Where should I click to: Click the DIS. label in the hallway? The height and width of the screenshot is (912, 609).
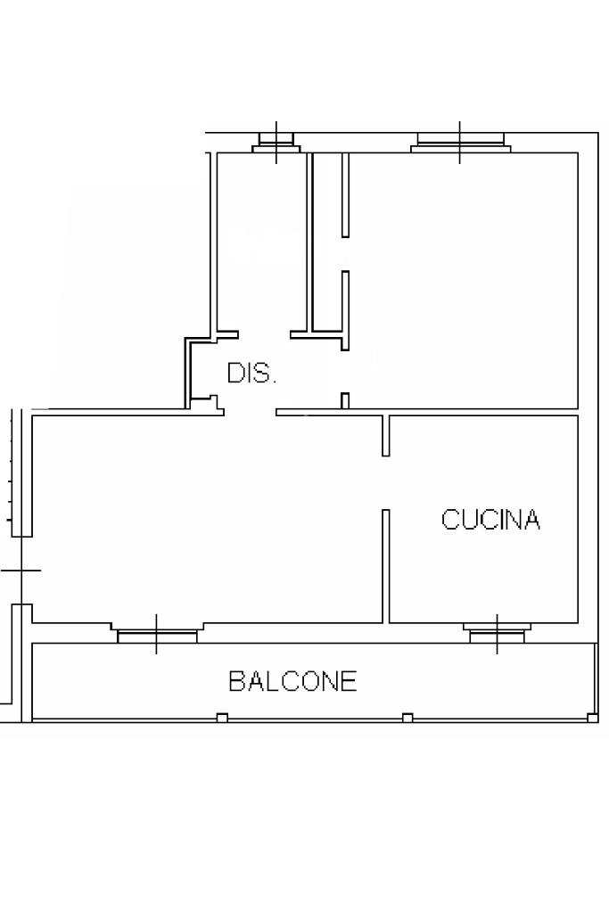[x=251, y=374]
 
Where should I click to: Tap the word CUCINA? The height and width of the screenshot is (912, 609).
[x=490, y=520]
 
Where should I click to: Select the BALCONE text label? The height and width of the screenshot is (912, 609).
[x=292, y=681]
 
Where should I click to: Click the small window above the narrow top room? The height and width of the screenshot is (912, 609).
[x=276, y=142]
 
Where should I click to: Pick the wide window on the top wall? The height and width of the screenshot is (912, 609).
[x=459, y=142]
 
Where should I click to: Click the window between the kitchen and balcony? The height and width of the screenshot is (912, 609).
[x=498, y=633]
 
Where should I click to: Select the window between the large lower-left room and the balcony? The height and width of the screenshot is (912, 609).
[x=157, y=635]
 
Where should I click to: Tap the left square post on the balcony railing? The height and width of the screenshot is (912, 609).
[x=222, y=718]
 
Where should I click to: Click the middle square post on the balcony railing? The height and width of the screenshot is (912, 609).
[x=407, y=718]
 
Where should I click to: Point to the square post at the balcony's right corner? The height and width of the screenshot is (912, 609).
[x=592, y=717]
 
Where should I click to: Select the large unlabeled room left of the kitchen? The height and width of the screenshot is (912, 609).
[x=205, y=517]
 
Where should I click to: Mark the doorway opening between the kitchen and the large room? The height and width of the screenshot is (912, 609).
[x=386, y=482]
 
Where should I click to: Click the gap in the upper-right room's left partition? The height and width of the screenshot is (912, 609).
[x=345, y=254]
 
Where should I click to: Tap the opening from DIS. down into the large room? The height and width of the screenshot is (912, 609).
[x=250, y=412]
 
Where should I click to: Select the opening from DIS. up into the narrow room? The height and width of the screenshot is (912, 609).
[x=264, y=334]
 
